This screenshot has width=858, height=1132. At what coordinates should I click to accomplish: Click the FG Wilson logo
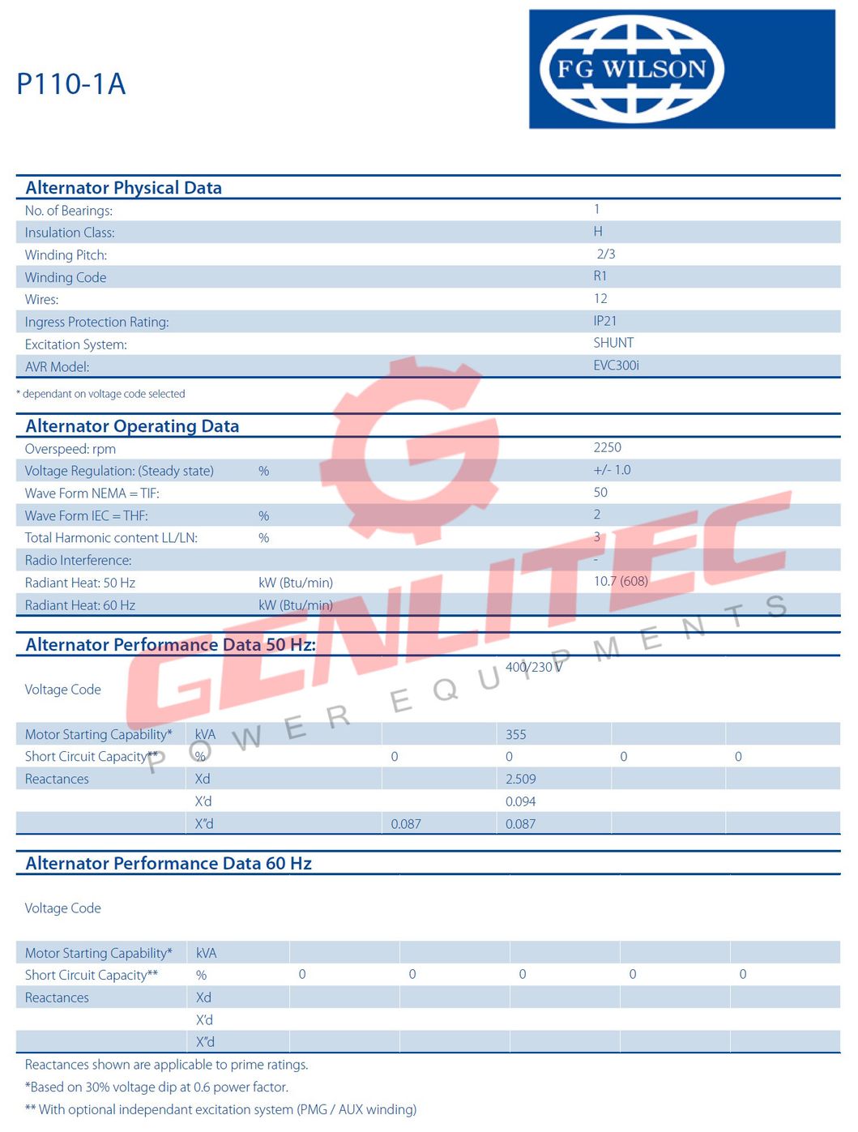click(631, 69)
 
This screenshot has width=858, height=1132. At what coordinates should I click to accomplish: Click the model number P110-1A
click(71, 84)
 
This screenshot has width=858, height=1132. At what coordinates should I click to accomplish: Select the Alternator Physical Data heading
click(123, 188)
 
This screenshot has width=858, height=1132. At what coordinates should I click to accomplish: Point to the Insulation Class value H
click(598, 232)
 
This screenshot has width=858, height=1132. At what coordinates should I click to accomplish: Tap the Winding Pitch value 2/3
click(606, 254)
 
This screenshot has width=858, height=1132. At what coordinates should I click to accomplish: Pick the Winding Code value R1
click(600, 276)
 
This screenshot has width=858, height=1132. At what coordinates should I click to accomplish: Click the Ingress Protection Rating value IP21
click(605, 321)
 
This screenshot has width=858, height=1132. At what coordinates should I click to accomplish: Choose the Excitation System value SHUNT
click(613, 343)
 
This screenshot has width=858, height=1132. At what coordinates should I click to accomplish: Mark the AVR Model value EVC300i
click(616, 365)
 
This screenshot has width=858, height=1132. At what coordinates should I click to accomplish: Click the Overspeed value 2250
click(608, 447)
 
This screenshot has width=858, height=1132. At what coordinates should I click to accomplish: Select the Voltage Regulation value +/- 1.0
click(612, 470)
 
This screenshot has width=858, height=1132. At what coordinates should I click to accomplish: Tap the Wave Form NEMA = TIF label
click(92, 493)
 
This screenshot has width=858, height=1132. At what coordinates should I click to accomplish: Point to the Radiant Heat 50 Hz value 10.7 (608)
click(621, 581)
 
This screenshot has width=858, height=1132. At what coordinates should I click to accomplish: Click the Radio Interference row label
click(78, 560)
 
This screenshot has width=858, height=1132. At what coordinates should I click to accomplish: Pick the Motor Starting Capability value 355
click(516, 735)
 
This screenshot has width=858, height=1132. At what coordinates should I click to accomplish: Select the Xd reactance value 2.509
click(521, 780)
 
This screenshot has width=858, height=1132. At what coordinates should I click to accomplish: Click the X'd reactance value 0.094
click(521, 801)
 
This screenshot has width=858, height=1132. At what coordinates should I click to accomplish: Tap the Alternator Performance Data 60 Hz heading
click(169, 864)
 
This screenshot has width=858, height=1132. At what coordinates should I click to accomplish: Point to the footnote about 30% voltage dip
click(156, 1087)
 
